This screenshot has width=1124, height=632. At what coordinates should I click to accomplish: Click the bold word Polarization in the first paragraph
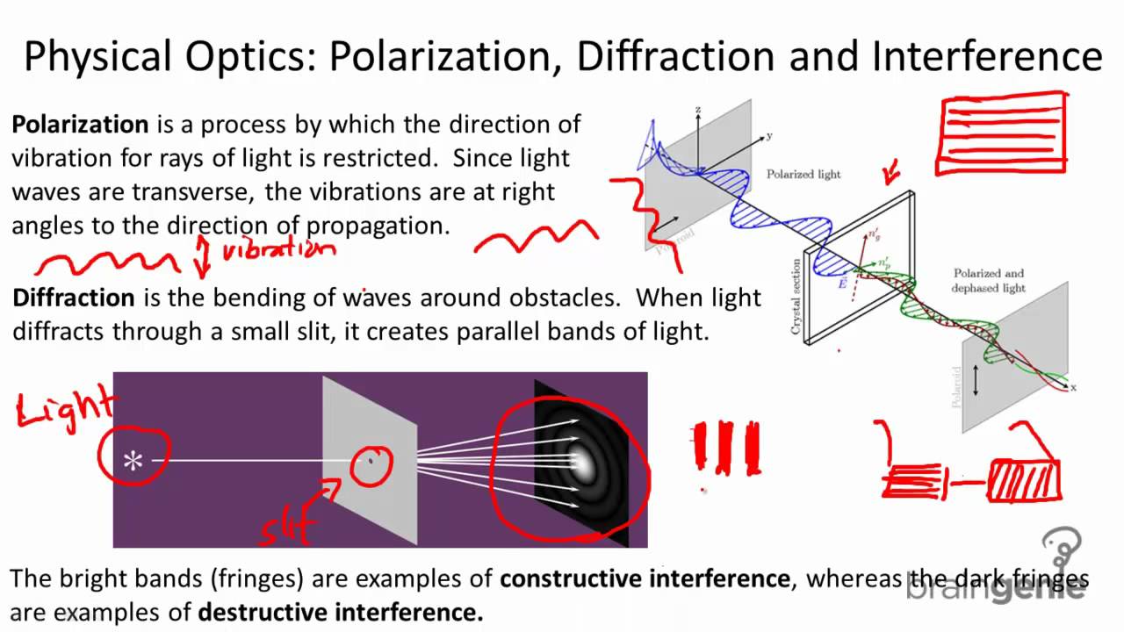(80, 125)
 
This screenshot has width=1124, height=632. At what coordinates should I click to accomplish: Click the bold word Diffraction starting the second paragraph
(74, 298)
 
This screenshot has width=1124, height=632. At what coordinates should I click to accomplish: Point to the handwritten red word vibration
(278, 250)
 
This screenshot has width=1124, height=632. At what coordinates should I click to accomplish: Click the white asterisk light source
(133, 461)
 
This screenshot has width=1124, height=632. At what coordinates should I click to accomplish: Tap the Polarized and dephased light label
(988, 281)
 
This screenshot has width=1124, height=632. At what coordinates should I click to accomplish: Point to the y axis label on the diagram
(768, 136)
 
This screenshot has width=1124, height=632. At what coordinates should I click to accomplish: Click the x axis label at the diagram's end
(1073, 387)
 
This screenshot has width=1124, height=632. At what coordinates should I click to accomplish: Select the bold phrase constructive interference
(645, 578)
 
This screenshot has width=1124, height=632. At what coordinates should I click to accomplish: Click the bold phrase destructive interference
(341, 612)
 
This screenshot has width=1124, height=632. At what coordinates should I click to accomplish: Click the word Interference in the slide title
(987, 57)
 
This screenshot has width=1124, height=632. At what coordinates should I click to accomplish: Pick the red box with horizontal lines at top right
(1004, 133)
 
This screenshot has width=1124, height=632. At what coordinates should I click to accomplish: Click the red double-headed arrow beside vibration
(203, 255)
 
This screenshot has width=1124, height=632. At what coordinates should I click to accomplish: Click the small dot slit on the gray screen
(370, 459)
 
